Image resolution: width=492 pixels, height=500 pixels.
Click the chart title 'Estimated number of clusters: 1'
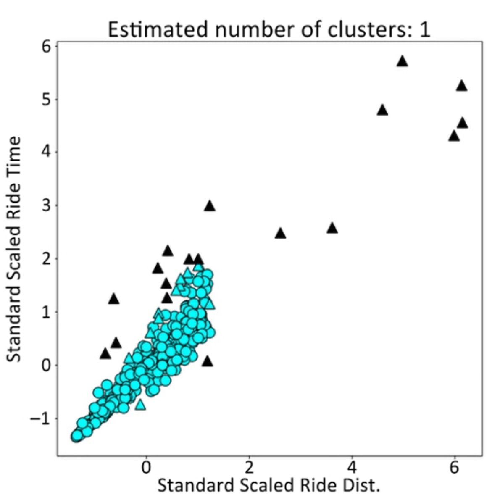(269, 29)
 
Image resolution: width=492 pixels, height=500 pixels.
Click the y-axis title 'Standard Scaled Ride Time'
(14, 249)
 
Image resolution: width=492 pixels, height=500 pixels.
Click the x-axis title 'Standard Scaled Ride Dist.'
(269, 485)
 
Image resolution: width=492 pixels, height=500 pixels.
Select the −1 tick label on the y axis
(41, 418)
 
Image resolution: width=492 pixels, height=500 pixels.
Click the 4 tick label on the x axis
(352, 467)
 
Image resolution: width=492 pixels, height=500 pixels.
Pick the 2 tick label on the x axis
(249, 467)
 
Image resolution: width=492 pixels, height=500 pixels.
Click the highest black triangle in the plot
(403, 61)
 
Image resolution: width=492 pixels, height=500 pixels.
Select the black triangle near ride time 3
(210, 206)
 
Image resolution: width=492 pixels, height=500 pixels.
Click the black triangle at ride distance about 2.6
(280, 234)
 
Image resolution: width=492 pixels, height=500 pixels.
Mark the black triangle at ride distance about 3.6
(332, 228)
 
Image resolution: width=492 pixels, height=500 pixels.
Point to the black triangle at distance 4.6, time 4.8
(382, 111)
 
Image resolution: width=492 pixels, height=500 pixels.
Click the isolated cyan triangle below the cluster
(140, 405)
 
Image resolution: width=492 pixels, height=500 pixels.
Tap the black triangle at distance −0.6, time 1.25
(113, 299)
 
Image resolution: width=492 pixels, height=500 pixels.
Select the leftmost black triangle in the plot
(105, 354)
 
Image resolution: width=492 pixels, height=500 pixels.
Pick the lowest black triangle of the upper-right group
(454, 136)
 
